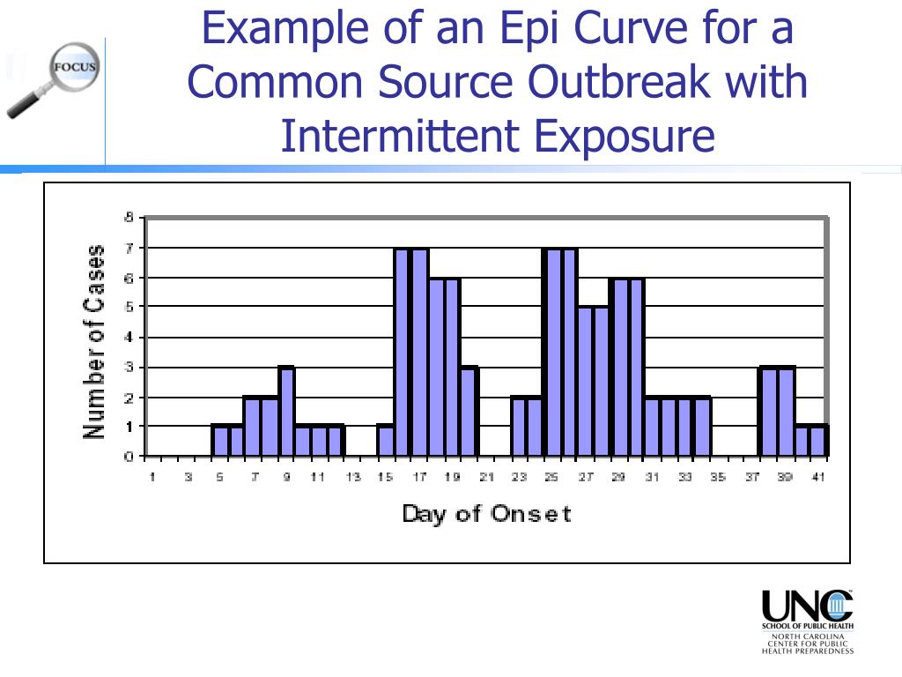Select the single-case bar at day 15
click(x=385, y=441)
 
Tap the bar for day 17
click(x=419, y=353)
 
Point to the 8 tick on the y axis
click(x=129, y=217)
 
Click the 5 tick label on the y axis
click(x=129, y=307)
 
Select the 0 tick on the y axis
click(x=129, y=457)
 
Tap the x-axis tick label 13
click(x=352, y=477)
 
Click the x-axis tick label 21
click(x=486, y=477)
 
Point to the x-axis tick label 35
click(x=719, y=477)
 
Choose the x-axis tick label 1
click(x=152, y=477)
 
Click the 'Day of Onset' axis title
click(x=486, y=513)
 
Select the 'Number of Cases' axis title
click(x=94, y=341)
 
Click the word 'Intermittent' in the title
click(x=400, y=137)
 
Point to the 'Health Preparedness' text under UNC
click(x=808, y=651)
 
